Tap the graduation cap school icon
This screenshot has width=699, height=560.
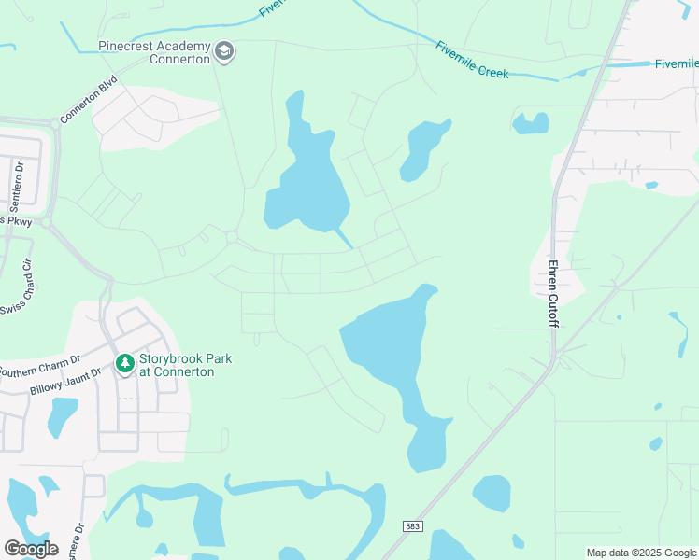[223, 50]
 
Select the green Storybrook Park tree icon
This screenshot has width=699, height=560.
[123, 362]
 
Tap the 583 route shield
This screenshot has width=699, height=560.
[413, 526]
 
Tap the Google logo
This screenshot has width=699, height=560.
[31, 548]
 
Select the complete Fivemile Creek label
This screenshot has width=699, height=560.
[472, 59]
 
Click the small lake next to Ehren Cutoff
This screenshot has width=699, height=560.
[530, 123]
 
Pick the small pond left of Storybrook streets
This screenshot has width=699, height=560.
[63, 416]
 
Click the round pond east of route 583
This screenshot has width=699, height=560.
[492, 494]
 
